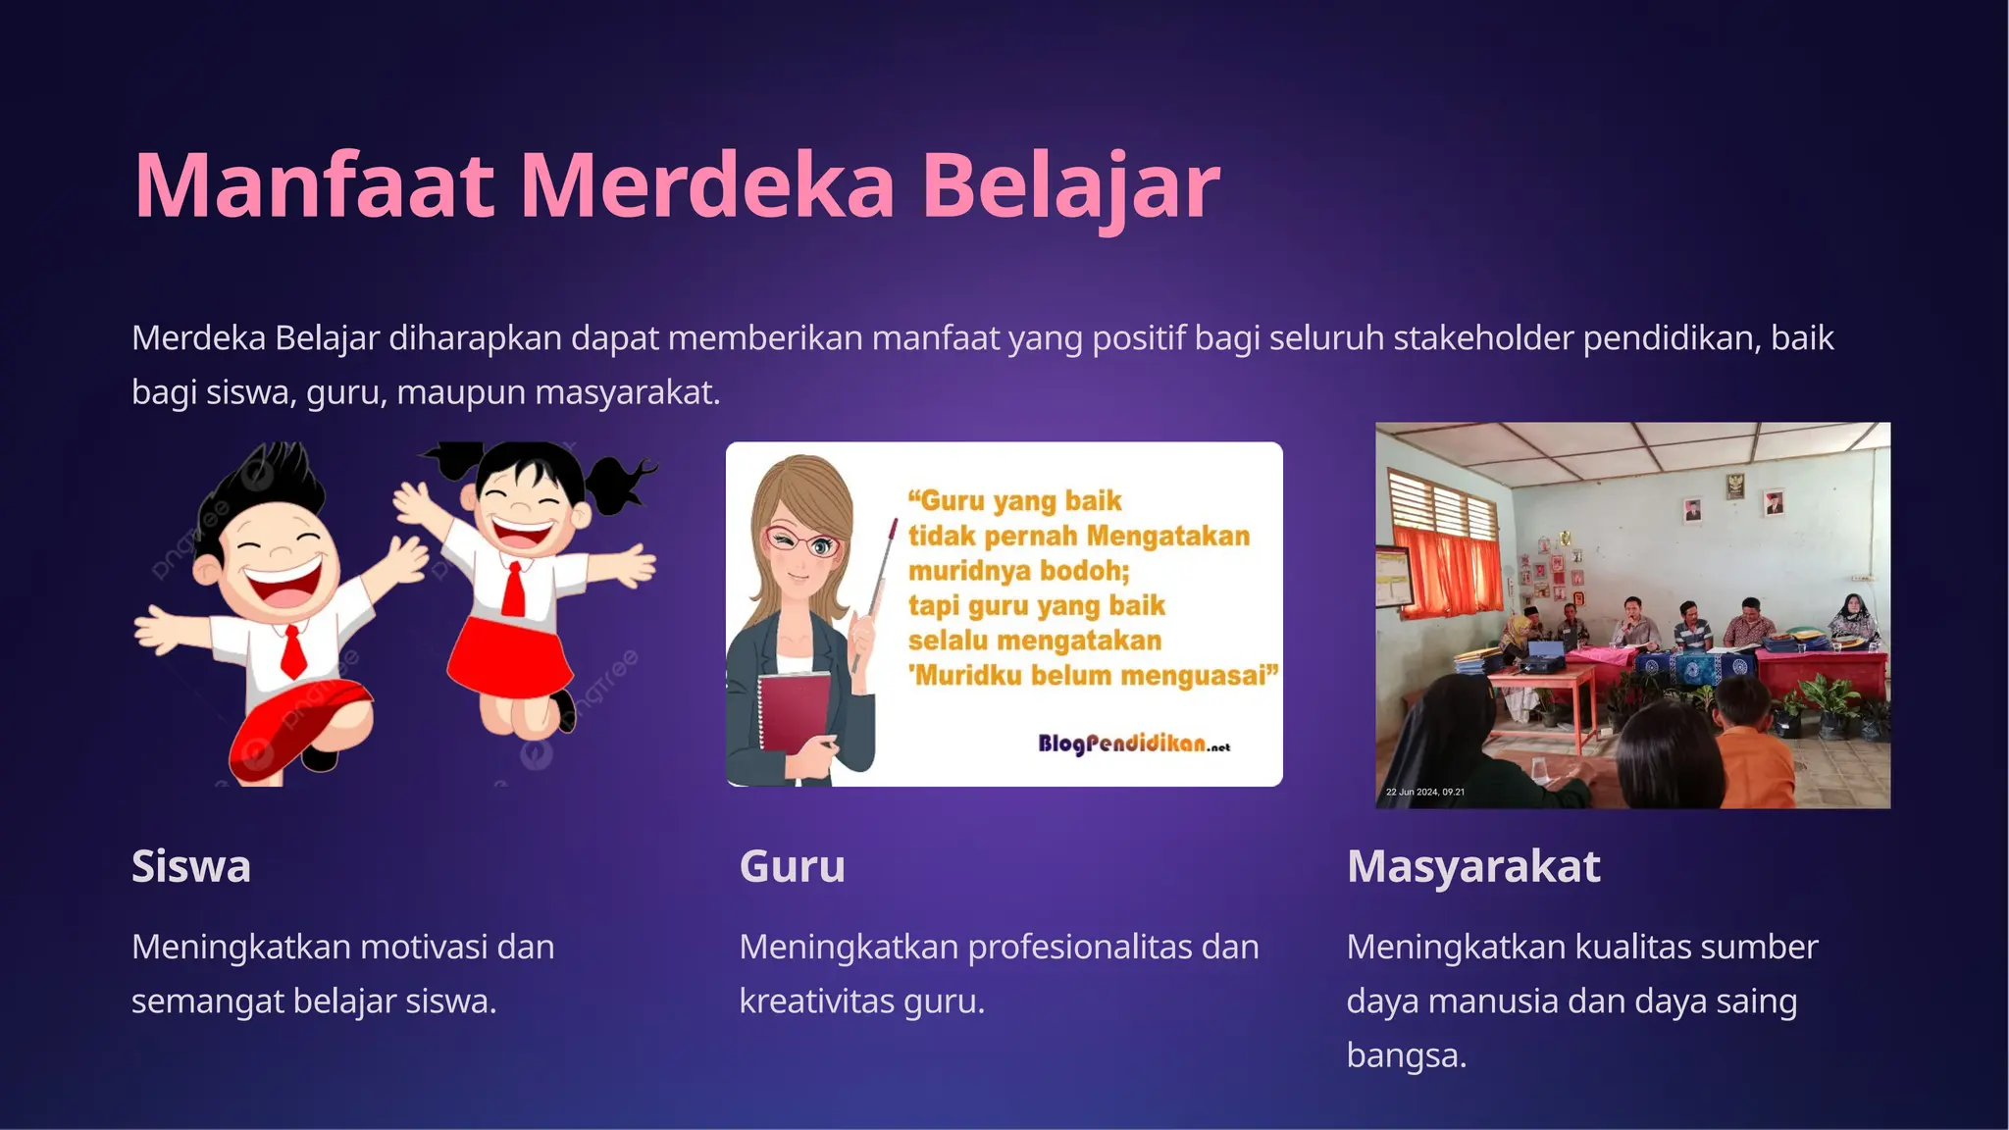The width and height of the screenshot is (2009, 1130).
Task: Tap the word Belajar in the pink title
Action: [x=1070, y=185]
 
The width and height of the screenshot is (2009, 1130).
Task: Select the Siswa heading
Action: [x=191, y=866]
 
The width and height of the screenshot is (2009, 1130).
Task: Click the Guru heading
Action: [x=792, y=866]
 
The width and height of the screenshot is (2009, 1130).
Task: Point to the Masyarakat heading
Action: [x=1473, y=866]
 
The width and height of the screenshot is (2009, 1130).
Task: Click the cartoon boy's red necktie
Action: [x=292, y=649]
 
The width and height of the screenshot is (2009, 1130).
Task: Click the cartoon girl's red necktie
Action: [x=513, y=588]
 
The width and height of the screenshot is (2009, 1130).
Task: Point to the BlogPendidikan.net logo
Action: [x=1133, y=744]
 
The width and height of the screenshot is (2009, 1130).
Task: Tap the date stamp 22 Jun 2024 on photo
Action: [x=1424, y=792]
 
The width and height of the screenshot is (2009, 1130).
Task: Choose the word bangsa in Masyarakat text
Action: [x=1406, y=1055]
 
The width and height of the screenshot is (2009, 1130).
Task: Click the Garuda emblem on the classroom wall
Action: [x=1734, y=485]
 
